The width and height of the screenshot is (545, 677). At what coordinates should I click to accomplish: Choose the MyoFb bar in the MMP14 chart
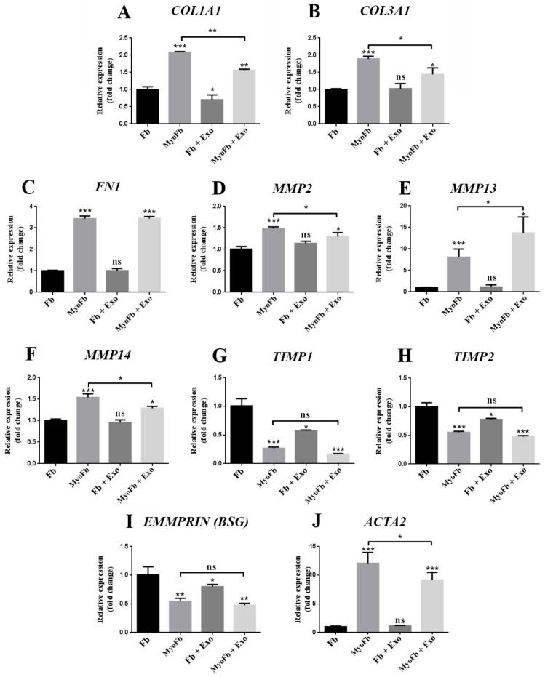[113, 429]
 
